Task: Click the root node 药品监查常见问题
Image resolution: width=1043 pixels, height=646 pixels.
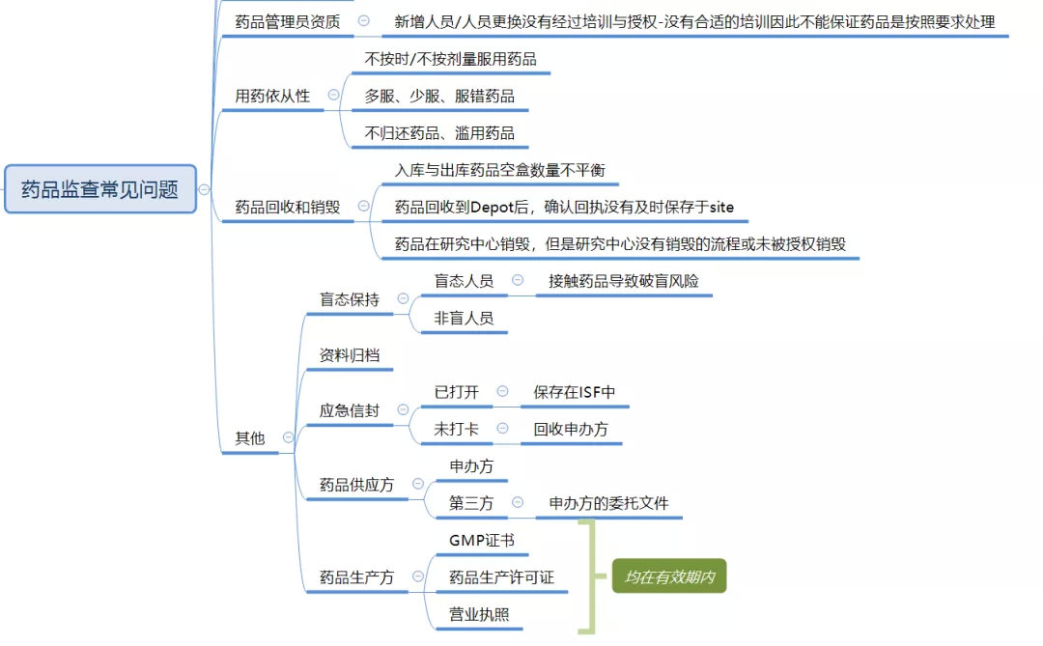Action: [99, 189]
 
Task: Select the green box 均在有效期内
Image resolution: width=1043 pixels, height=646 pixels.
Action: [668, 577]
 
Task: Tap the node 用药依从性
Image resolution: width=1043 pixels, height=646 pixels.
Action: [272, 96]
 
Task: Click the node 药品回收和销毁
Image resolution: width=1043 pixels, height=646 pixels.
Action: [288, 207]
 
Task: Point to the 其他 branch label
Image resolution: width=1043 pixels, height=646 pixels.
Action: [249, 437]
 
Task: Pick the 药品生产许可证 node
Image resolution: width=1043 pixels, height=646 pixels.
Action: [501, 577]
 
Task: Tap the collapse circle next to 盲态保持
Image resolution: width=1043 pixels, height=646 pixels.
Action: [402, 298]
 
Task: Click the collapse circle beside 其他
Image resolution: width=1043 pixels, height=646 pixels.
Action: [288, 437]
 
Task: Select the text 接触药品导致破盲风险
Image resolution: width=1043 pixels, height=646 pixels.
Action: [623, 281]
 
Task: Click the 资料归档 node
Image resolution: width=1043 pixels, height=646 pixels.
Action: [350, 355]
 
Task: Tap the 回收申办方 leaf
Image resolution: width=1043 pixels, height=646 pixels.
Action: [571, 429]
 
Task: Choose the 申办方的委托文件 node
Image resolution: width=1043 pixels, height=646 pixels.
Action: [608, 503]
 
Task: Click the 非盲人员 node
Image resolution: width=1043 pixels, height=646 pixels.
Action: [464, 318]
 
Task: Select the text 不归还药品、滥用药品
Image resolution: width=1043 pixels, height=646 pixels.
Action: [439, 133]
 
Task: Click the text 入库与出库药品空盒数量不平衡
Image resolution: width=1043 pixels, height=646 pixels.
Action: [500, 170]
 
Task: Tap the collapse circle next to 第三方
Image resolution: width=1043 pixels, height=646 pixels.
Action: [518, 503]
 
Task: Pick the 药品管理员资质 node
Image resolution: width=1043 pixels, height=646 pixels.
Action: [287, 21]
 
